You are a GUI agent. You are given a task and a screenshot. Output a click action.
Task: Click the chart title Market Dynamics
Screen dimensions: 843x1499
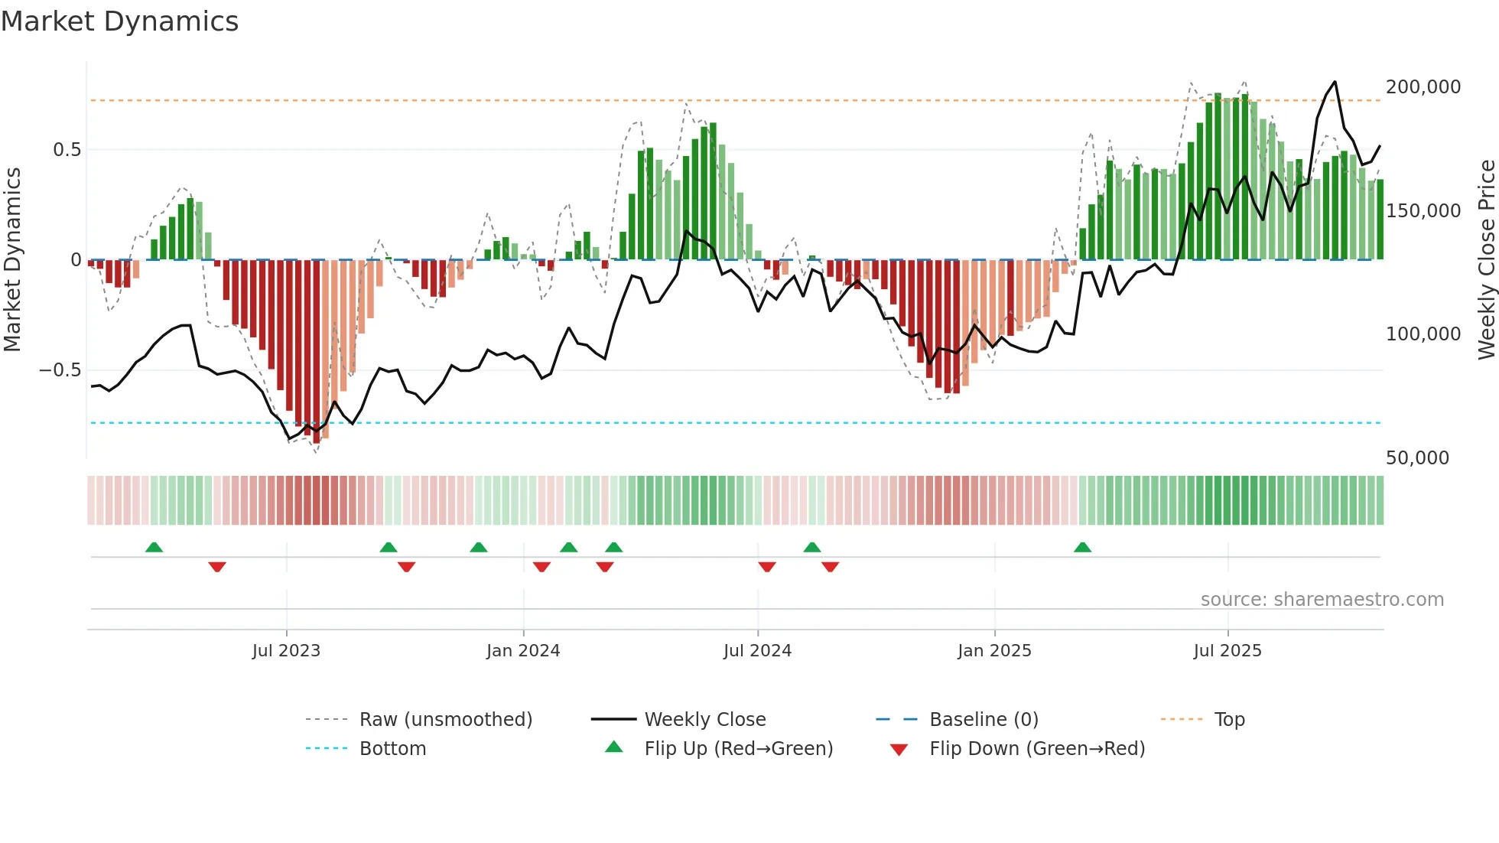click(x=119, y=21)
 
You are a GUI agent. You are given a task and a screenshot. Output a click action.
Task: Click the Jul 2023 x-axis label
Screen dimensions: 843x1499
click(x=286, y=651)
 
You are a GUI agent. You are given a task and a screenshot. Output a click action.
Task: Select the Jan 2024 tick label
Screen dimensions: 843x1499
click(x=523, y=651)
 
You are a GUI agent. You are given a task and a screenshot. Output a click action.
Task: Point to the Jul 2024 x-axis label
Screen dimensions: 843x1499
click(x=757, y=651)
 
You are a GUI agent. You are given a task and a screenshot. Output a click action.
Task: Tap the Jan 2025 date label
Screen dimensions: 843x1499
click(x=994, y=651)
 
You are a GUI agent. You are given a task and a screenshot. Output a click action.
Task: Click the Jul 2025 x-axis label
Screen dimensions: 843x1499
click(x=1227, y=651)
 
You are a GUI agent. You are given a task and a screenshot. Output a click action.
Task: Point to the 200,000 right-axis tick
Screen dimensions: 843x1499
click(x=1423, y=87)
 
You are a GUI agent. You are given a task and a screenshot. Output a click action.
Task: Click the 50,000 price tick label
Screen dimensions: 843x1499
click(x=1417, y=458)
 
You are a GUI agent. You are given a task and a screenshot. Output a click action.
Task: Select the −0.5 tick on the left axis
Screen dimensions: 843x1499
click(x=60, y=370)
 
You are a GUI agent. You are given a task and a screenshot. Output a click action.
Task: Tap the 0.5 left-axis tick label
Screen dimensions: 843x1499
click(x=67, y=150)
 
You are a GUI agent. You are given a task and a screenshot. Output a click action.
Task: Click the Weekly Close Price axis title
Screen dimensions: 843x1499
click(x=1486, y=260)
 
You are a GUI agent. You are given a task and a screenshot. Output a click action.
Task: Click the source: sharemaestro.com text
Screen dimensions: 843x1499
click(x=1322, y=600)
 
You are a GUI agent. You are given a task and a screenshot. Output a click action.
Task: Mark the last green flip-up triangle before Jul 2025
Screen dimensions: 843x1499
click(x=1082, y=548)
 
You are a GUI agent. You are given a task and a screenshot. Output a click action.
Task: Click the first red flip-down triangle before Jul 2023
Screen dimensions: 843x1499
click(x=217, y=567)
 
